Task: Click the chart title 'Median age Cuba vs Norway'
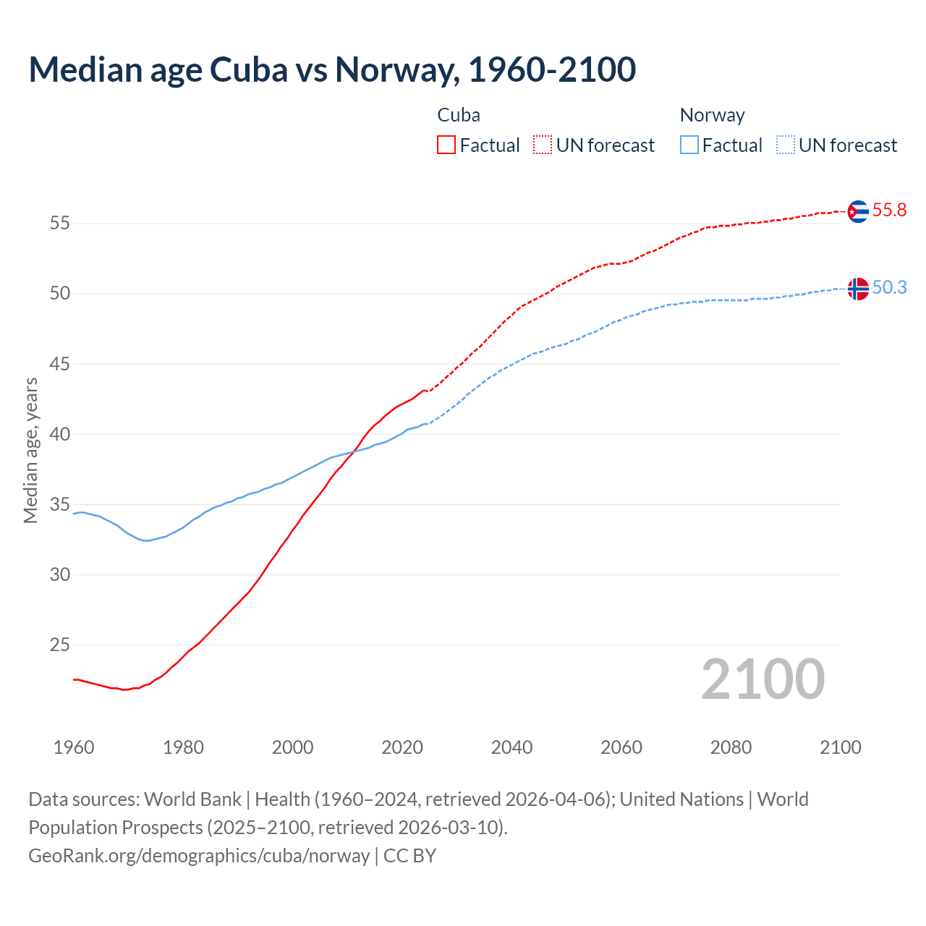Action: tap(332, 69)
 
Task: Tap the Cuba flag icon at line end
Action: tap(857, 211)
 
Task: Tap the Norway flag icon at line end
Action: tap(857, 289)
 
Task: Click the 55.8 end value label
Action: tap(889, 211)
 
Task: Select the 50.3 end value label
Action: tap(889, 288)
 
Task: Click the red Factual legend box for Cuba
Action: tap(446, 145)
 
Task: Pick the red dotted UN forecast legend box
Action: tap(543, 145)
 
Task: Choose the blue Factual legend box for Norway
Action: tap(689, 145)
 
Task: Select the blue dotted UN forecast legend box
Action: tap(786, 145)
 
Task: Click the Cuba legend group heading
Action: tap(459, 115)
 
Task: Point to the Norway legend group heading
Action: tap(712, 115)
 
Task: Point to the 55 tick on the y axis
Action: tap(59, 224)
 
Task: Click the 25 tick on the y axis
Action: tap(59, 645)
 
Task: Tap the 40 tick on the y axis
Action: tap(59, 434)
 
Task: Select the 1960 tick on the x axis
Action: tap(74, 747)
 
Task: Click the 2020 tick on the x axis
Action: tap(402, 747)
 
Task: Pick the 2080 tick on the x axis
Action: tap(731, 747)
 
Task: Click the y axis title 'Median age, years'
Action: tap(30, 450)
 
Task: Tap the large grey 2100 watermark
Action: tap(763, 679)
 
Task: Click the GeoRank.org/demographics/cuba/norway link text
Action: tap(199, 856)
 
